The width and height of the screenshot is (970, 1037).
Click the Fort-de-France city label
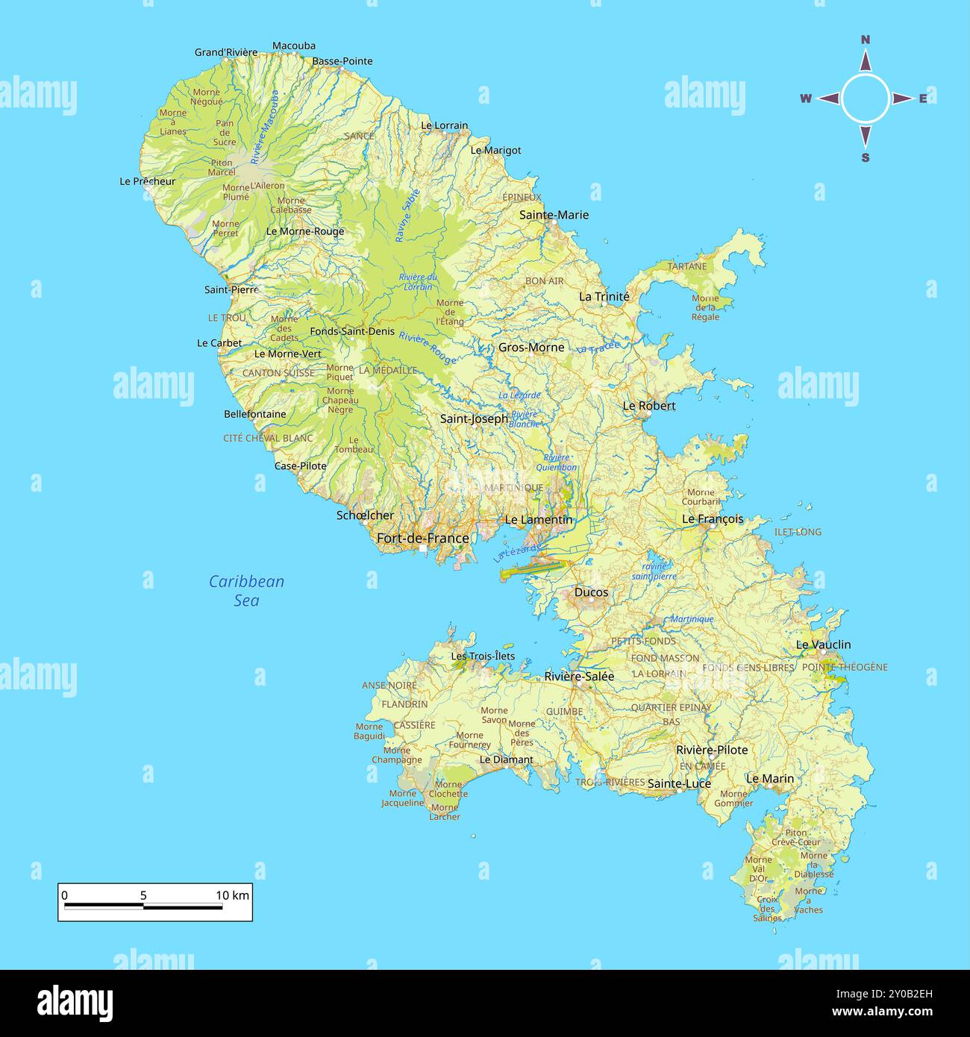(x=422, y=538)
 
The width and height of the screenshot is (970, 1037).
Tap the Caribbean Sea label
(x=246, y=590)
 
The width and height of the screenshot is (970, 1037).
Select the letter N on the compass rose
(x=866, y=40)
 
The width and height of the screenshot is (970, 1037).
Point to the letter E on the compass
(x=923, y=98)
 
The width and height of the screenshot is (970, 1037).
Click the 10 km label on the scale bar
(x=232, y=895)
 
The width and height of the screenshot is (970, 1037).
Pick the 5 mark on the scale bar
(x=143, y=895)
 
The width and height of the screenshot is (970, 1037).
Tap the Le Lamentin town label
(x=539, y=519)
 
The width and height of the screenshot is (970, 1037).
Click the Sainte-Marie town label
(x=554, y=215)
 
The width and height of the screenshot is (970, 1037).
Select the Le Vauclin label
(x=823, y=645)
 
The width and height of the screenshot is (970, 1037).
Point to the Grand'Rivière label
(x=225, y=52)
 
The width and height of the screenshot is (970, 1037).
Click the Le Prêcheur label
(x=148, y=181)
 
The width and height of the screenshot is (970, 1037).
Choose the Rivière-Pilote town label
(x=712, y=750)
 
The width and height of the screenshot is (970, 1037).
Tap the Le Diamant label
(x=506, y=759)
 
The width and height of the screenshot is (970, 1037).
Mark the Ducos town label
(x=591, y=592)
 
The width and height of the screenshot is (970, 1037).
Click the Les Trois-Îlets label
(x=483, y=656)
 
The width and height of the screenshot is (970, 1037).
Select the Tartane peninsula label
(x=686, y=266)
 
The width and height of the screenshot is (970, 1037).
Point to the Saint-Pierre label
(x=231, y=289)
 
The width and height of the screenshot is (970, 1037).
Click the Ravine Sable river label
(x=408, y=215)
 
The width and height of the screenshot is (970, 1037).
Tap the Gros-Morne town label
(x=531, y=347)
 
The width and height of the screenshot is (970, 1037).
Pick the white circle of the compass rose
(x=866, y=98)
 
